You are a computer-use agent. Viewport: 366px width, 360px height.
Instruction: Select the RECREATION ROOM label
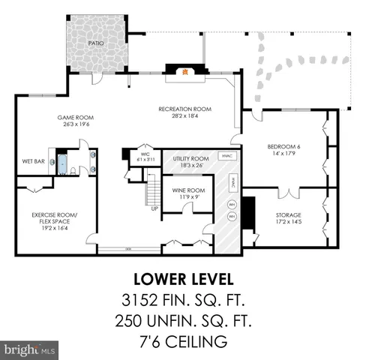click(184, 109)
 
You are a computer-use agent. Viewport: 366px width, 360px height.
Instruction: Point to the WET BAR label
click(31, 161)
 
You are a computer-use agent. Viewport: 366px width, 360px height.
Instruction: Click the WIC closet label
click(145, 156)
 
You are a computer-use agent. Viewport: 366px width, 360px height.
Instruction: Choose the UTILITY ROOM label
click(190, 159)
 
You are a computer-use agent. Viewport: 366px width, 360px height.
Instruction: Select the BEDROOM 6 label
click(283, 146)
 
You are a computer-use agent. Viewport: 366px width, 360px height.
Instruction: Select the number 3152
click(142, 302)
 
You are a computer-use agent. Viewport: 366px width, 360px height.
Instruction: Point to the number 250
click(133, 322)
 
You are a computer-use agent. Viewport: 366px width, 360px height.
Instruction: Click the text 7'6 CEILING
click(182, 343)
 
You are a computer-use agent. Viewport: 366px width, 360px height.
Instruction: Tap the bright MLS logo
click(30, 349)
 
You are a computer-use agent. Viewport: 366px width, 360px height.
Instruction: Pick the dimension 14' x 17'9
click(283, 154)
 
